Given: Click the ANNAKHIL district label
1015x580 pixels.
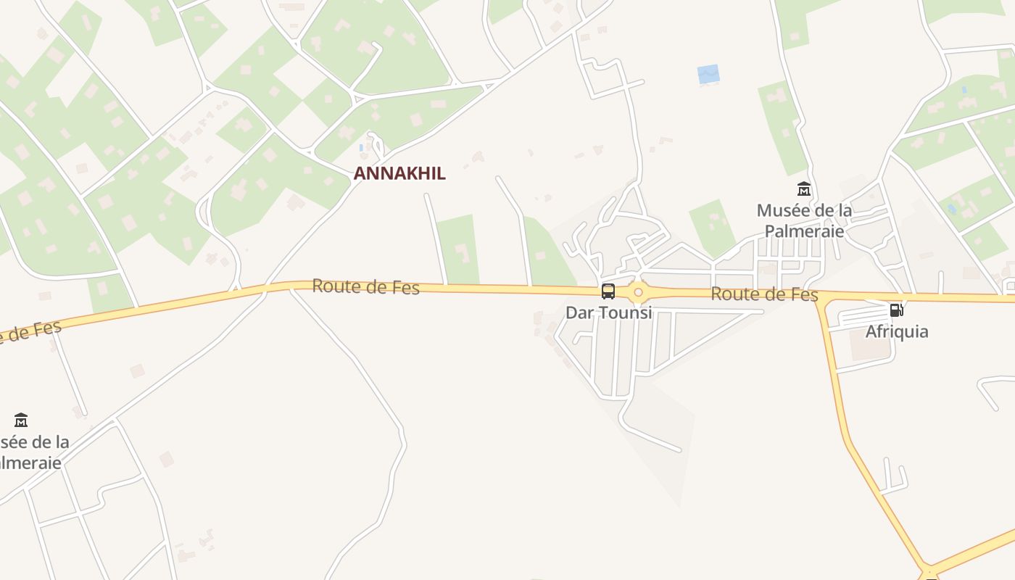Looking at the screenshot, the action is (x=399, y=173).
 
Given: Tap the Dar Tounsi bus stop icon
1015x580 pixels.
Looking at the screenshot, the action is (x=608, y=291).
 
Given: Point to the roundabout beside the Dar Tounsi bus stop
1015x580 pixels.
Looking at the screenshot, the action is (x=638, y=293).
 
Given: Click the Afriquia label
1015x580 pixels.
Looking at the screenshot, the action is (x=897, y=331).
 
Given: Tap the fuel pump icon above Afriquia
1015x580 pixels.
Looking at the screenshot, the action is (x=897, y=310).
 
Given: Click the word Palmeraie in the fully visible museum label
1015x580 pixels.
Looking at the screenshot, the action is (x=804, y=231).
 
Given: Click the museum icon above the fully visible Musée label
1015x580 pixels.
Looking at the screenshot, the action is (x=804, y=190).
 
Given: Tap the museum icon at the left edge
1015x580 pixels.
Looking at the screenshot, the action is (x=21, y=420).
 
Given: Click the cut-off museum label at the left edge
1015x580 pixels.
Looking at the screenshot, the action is (x=33, y=452).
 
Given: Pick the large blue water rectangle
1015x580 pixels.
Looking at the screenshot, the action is (x=708, y=74).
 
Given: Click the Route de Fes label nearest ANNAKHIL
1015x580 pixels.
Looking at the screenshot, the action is (x=365, y=287).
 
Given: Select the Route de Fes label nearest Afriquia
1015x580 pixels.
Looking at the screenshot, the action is (x=764, y=294).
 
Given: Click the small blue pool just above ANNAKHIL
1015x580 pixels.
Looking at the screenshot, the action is (x=362, y=148).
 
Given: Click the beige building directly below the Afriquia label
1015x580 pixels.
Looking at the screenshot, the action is (x=870, y=350).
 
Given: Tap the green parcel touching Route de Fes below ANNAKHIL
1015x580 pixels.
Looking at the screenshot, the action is (x=458, y=250).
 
